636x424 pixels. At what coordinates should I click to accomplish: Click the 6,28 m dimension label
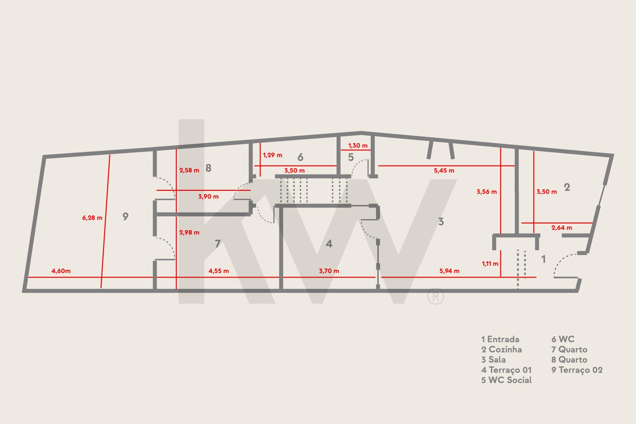[92, 218]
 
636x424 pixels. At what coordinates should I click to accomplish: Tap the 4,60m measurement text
[61, 271]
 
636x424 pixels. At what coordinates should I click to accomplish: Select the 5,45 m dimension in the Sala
[444, 171]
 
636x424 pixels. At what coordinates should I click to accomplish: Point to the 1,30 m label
[358, 145]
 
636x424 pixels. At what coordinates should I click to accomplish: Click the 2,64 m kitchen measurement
[562, 228]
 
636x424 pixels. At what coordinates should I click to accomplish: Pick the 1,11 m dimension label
[490, 264]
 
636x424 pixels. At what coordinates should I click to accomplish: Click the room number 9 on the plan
[125, 216]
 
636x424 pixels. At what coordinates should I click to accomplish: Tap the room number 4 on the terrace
[329, 244]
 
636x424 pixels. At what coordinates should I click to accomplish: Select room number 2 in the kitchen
[567, 187]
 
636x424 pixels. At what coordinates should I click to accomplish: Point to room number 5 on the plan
[351, 157]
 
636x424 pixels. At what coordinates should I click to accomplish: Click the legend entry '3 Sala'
[494, 359]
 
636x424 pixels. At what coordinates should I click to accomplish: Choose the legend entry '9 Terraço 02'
[577, 370]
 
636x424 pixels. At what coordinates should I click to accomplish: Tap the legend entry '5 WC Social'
[506, 380]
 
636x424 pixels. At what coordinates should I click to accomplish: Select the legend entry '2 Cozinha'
[502, 349]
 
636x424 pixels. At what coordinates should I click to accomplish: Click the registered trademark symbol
[436, 296]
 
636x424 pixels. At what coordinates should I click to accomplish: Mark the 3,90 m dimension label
[208, 196]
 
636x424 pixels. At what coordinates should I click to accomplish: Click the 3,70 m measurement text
[329, 271]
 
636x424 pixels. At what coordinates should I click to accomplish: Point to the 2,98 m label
[189, 233]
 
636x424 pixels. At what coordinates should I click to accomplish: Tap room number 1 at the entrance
[543, 259]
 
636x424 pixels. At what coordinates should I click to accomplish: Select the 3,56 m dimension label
[487, 191]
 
